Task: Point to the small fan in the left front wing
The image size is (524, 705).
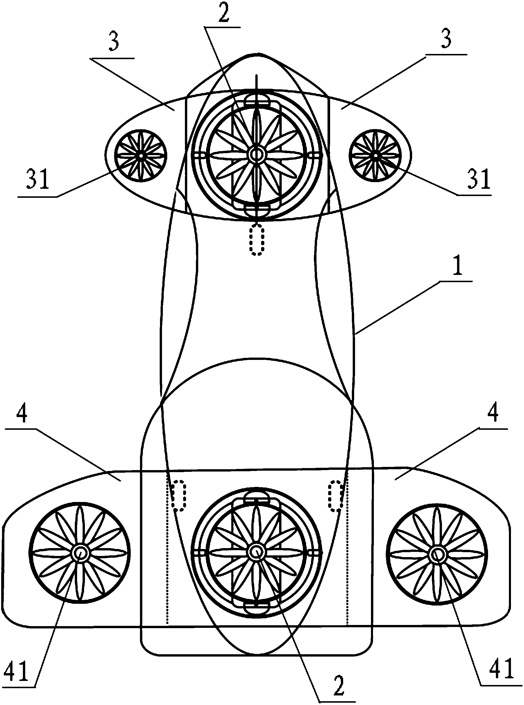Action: [x=141, y=155]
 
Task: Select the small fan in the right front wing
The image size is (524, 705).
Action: [x=376, y=155]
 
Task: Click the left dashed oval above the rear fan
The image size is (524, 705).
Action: [x=179, y=496]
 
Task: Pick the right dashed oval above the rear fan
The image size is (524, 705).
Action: [x=335, y=496]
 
